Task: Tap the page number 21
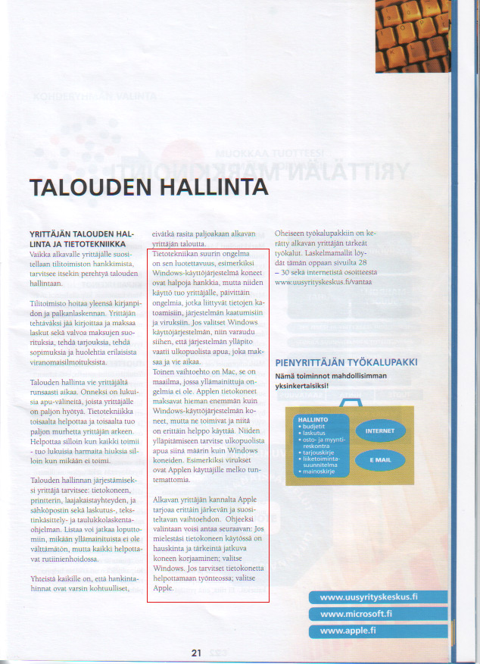[196, 652]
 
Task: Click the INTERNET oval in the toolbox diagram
[380, 431]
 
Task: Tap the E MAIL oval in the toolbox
[380, 459]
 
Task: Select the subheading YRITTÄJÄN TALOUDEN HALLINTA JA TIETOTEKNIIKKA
[81, 239]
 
